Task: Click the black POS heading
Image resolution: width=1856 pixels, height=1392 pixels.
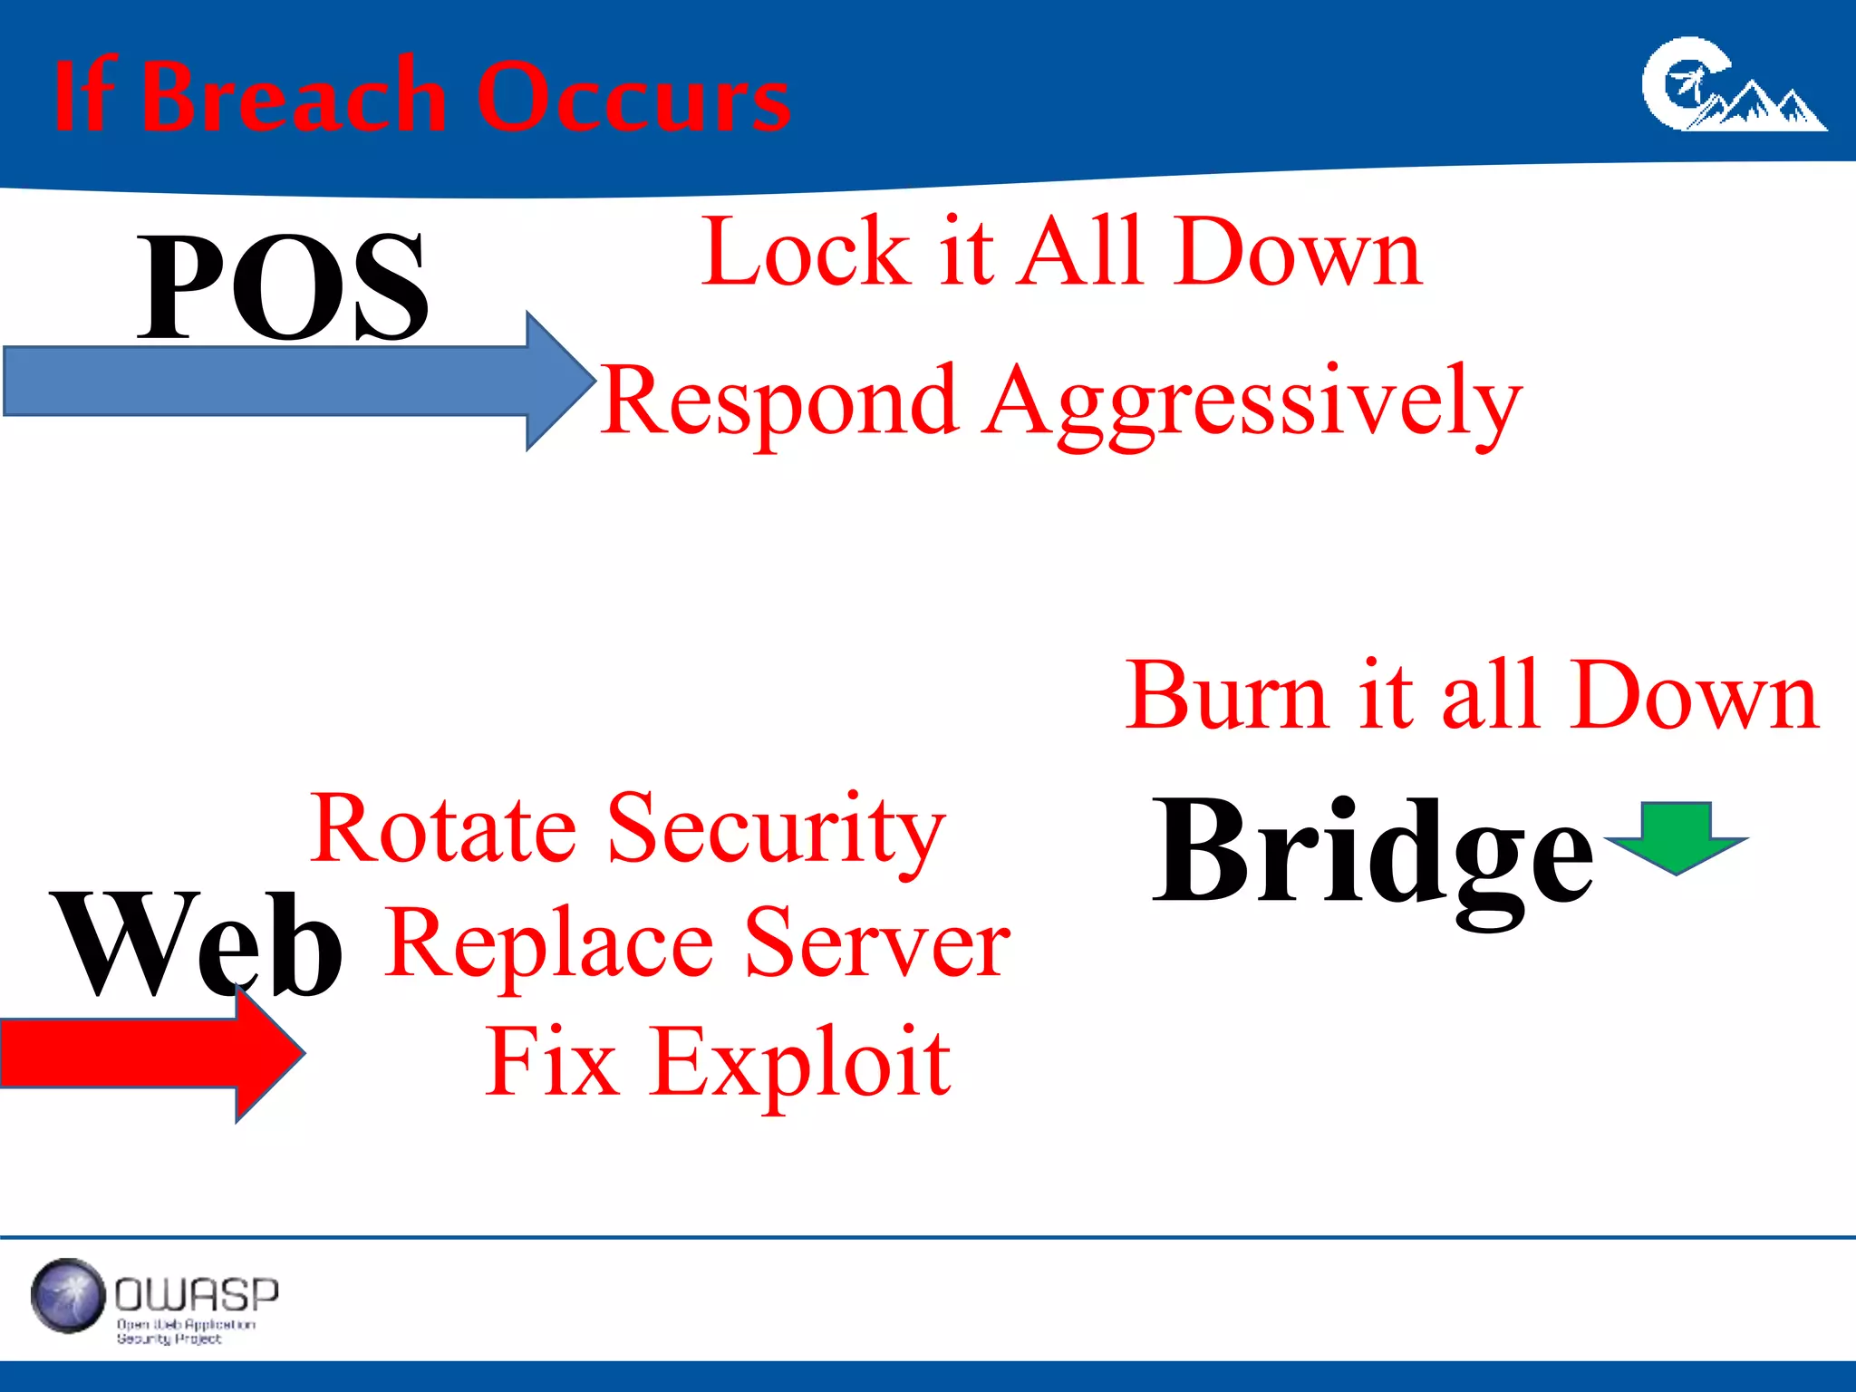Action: [282, 286]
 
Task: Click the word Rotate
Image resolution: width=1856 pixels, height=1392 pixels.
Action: [443, 828]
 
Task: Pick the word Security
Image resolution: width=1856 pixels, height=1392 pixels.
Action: [776, 828]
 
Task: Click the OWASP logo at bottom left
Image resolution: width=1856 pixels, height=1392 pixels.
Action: [154, 1298]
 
